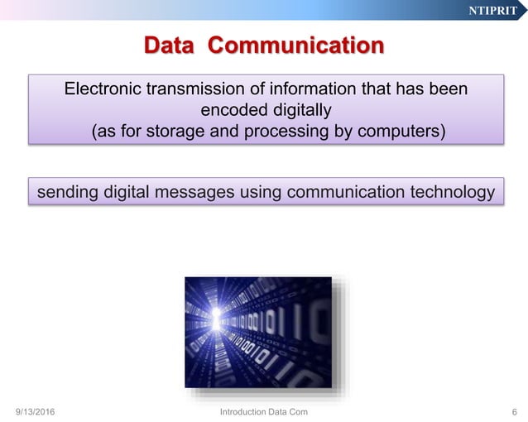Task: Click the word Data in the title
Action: [x=170, y=44]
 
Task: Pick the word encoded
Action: [x=229, y=110]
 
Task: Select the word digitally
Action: [x=297, y=110]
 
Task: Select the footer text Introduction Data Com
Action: [x=264, y=411]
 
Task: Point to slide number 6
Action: [x=515, y=411]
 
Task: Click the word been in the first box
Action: [x=448, y=89]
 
